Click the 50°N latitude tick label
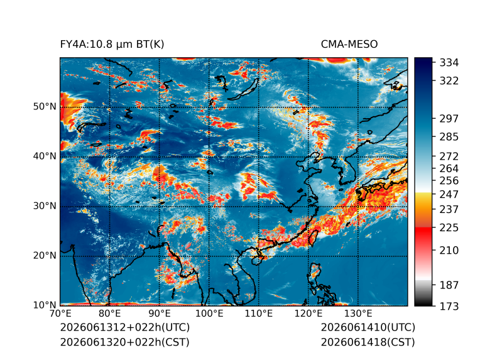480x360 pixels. pos(45,107)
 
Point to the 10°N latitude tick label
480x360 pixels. pos(45,305)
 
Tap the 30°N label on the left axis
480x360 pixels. pos(45,205)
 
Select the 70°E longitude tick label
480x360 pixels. pos(60,314)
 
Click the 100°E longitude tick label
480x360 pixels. pos(209,314)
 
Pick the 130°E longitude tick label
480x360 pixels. pos(358,314)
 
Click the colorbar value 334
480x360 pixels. pos(449,63)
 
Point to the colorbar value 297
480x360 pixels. pos(449,119)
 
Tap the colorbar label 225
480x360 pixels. pos(449,228)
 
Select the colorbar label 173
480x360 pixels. pos(449,306)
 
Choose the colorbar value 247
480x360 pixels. pos(449,194)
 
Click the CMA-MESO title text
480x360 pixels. pos(349,45)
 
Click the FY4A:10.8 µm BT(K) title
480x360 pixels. pos(112,45)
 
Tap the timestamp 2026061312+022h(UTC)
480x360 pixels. pos(125,327)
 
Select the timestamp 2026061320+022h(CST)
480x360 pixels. pos(125,342)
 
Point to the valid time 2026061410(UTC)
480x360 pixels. pos(368,327)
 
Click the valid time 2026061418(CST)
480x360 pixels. pos(368,342)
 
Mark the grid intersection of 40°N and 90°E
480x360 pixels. pos(160,157)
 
